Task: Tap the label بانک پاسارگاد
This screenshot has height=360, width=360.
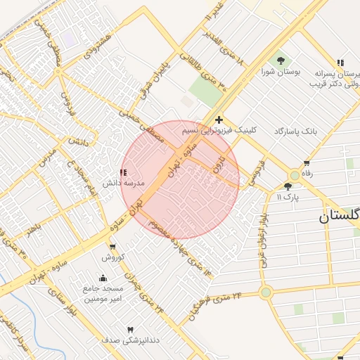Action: (x=297, y=131)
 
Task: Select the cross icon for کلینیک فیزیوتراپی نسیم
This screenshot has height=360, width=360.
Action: (x=219, y=120)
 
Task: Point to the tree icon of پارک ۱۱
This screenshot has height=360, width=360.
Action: (x=288, y=186)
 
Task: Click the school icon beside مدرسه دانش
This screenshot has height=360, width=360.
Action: (x=124, y=172)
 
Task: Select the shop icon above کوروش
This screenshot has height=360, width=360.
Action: (x=112, y=246)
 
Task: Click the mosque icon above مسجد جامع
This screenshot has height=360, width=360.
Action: (x=103, y=278)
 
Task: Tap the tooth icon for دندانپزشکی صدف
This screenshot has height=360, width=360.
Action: (x=130, y=330)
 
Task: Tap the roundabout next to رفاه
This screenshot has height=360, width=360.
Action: (x=295, y=175)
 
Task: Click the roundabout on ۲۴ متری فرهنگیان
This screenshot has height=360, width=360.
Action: (x=266, y=292)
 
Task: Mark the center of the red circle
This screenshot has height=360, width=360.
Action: (x=181, y=180)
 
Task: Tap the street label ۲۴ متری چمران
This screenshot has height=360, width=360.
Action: (x=145, y=294)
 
